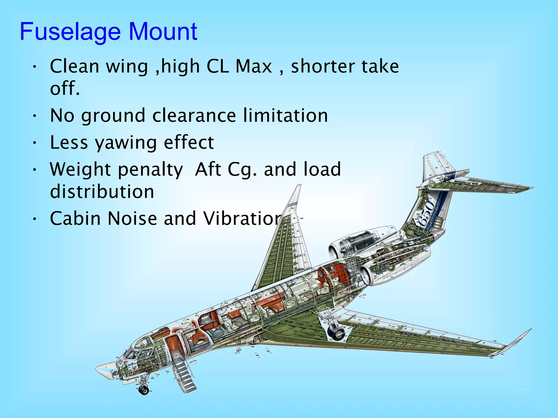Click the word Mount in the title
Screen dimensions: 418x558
pyautogui.click(x=163, y=32)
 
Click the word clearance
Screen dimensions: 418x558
pyautogui.click(x=194, y=115)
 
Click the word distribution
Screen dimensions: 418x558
pyautogui.click(x=102, y=191)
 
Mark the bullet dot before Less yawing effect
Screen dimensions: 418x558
pyautogui.click(x=34, y=143)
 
